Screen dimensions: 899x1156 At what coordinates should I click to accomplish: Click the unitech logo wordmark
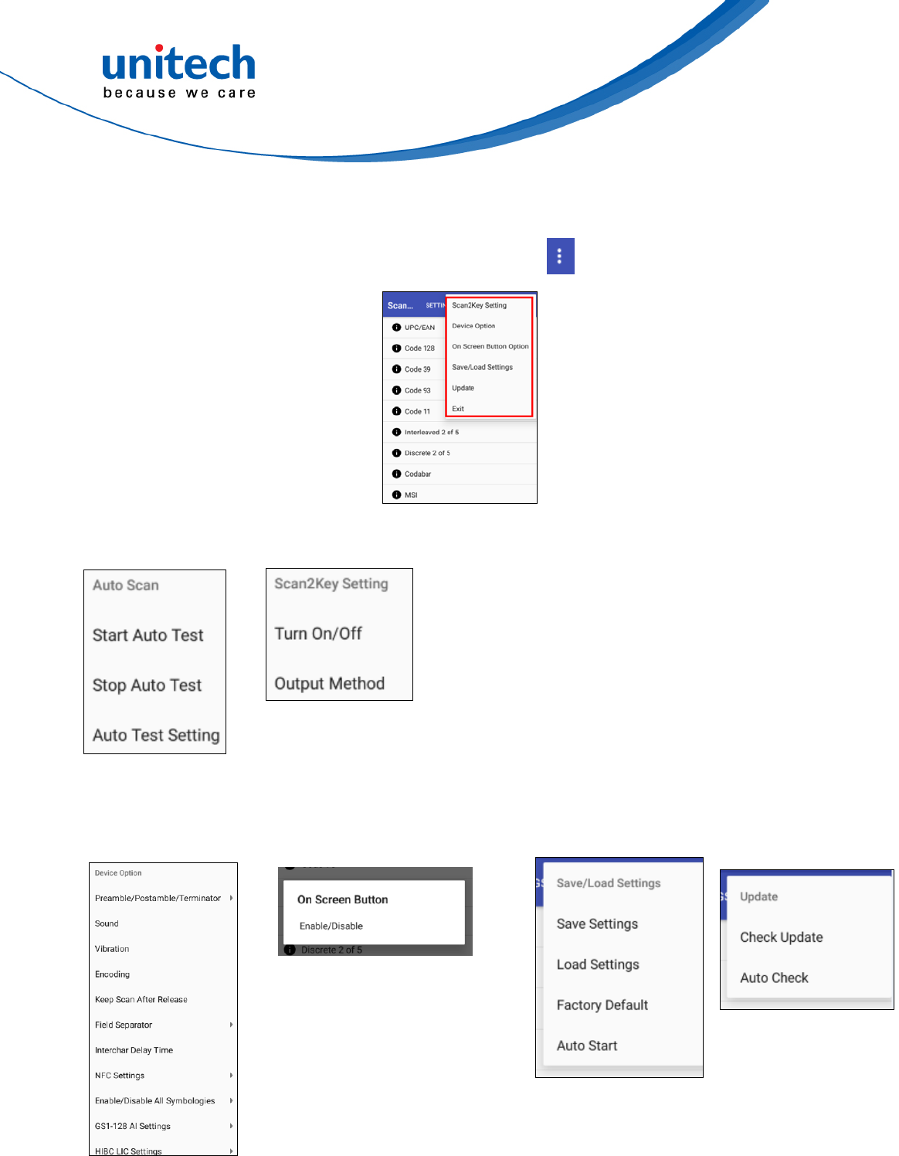178,64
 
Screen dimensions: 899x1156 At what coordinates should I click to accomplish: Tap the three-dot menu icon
560,256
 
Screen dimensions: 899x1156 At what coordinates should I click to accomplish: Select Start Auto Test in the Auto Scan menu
148,635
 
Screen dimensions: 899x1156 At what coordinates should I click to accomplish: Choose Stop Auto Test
147,685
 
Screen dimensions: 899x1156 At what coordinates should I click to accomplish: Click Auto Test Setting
156,736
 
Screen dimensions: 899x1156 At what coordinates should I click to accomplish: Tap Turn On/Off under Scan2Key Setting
318,634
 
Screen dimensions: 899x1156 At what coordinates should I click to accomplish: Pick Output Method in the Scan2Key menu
330,684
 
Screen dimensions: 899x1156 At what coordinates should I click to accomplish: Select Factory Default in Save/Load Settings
602,1005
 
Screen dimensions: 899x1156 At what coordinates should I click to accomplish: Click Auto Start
587,1045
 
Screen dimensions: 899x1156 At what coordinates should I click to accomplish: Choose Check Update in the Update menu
782,937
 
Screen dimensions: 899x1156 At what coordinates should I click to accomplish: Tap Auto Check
774,977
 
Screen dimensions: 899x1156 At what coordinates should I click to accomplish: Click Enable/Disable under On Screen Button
331,926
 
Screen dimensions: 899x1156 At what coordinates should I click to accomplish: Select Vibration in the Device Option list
112,949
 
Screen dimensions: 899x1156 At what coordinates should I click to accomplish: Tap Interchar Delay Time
134,1050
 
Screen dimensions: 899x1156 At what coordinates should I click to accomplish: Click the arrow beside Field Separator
231,1025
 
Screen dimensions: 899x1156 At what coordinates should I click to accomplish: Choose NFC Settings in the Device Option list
120,1076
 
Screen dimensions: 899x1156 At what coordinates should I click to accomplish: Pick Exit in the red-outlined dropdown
458,409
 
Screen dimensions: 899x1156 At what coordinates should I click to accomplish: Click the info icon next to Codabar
396,474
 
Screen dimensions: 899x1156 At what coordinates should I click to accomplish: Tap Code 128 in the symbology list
419,348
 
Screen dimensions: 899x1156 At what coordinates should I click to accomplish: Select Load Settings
598,964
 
